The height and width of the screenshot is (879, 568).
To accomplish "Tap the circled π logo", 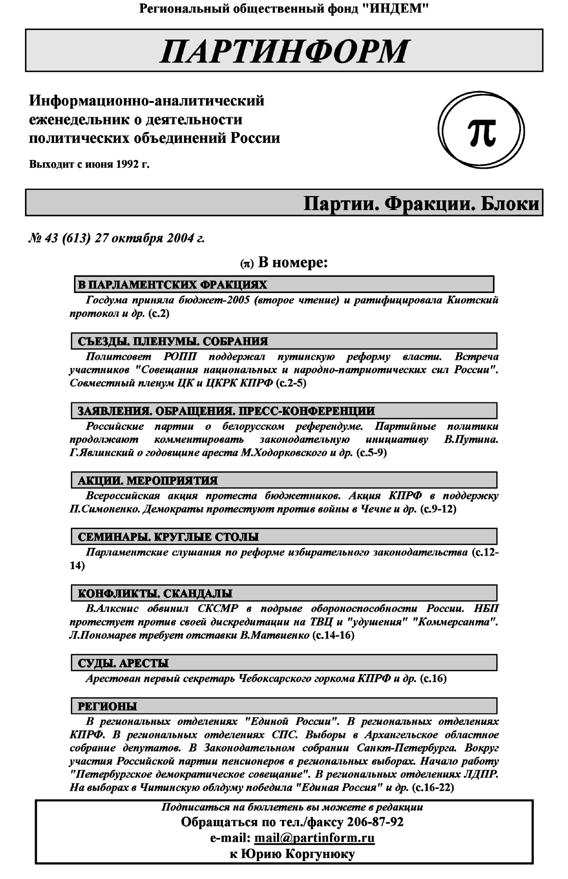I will coord(481,131).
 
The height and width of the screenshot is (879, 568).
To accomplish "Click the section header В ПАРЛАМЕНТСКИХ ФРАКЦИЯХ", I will coord(172,284).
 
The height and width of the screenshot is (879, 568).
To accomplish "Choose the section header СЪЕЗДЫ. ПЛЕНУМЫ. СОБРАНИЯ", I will coord(173,341).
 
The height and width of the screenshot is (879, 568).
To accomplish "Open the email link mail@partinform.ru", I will coord(314,838).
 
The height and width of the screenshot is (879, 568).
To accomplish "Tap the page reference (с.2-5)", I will coord(291,383).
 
